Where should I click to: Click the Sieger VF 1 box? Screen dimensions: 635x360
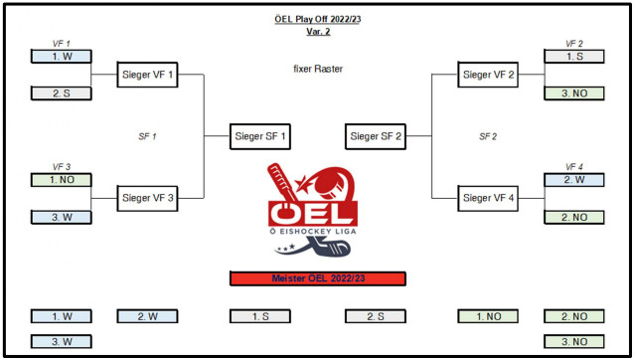point(147,75)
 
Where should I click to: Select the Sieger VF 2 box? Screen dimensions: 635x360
point(488,75)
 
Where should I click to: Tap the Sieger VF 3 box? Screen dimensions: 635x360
point(147,198)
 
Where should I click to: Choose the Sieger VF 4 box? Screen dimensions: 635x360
point(488,198)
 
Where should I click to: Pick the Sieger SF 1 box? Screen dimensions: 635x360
point(260,136)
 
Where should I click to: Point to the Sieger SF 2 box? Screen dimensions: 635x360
point(376,136)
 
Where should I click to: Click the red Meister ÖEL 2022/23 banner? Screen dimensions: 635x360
point(318,278)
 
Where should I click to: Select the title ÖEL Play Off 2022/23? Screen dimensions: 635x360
point(318,19)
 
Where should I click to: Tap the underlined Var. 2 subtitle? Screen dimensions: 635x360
point(318,31)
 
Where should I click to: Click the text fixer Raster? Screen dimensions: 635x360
point(318,69)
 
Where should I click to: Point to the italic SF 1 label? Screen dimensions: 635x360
point(147,136)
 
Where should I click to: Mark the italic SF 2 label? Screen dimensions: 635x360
point(488,136)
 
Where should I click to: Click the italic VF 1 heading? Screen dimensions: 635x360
point(62,44)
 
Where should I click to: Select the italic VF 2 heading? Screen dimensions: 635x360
point(574,44)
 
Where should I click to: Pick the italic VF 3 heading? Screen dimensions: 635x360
point(62,167)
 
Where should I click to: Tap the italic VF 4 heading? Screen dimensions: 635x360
point(574,167)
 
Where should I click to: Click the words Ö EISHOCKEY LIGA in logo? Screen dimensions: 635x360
point(313,232)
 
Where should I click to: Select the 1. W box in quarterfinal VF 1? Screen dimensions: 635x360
point(62,57)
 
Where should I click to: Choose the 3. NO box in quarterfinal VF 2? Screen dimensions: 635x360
point(574,93)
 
